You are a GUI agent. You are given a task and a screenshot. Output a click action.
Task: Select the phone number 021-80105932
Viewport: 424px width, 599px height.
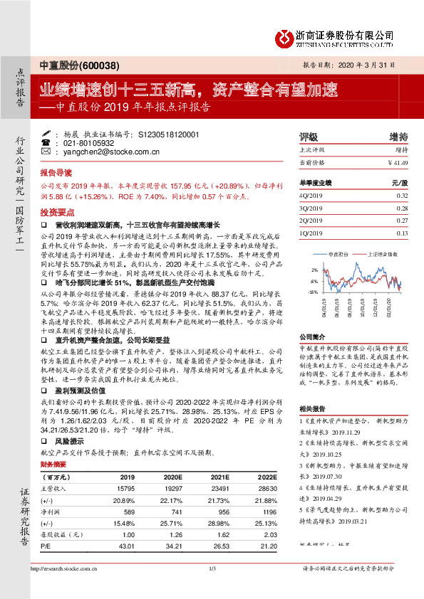click(x=84, y=143)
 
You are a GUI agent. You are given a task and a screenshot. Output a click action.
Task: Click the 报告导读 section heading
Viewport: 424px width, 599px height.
click(x=56, y=173)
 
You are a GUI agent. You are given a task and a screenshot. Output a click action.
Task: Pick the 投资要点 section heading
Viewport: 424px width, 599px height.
click(x=56, y=212)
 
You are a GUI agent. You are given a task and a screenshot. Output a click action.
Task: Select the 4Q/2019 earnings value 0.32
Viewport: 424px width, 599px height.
click(x=401, y=195)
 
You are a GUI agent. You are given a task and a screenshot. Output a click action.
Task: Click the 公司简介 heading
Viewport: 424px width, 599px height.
click(x=311, y=336)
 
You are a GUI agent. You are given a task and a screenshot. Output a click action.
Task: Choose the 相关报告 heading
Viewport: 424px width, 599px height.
click(x=311, y=409)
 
